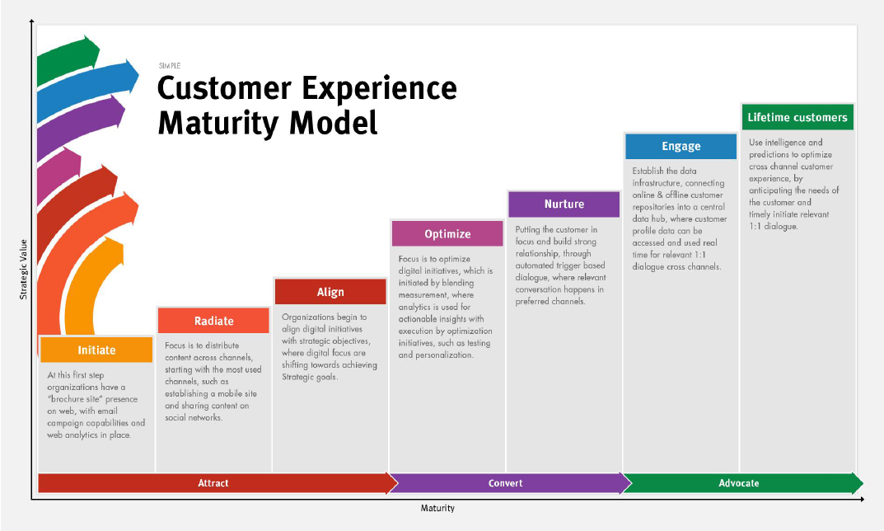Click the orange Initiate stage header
(x=96, y=350)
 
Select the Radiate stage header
(x=213, y=321)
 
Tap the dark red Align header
(x=330, y=292)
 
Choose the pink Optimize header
(x=447, y=233)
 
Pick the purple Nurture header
(x=564, y=204)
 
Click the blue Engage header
(x=681, y=146)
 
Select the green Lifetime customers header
(x=797, y=117)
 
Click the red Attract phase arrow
(x=217, y=483)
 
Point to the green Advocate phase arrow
(x=742, y=483)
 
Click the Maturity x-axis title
(x=437, y=508)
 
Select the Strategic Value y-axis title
(x=24, y=269)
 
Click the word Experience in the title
(x=379, y=89)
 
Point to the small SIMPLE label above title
(x=170, y=66)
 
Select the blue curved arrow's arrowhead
(x=132, y=76)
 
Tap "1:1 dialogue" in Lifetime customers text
(x=774, y=226)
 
